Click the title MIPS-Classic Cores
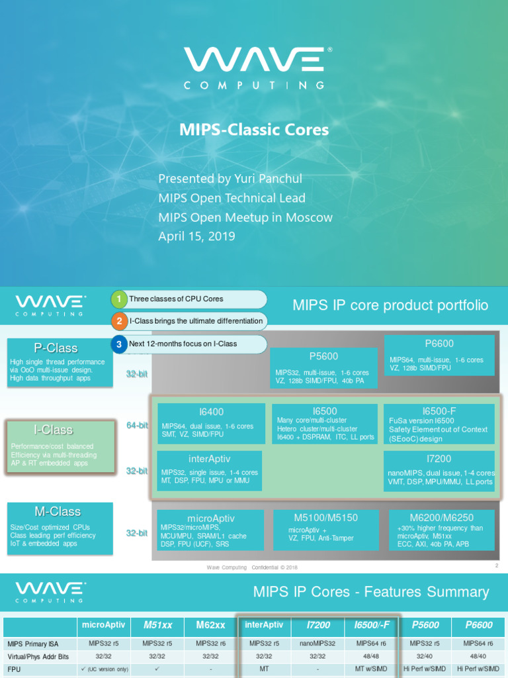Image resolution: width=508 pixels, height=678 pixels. pyautogui.click(x=254, y=130)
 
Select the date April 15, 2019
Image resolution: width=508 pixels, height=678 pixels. pyautogui.click(x=196, y=236)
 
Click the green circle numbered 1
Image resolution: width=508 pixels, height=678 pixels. pyautogui.click(x=118, y=299)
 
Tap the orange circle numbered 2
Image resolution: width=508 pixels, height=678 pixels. pyautogui.click(x=118, y=321)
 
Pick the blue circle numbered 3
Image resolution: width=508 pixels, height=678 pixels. pyautogui.click(x=118, y=344)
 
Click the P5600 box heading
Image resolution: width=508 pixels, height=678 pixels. pyautogui.click(x=323, y=356)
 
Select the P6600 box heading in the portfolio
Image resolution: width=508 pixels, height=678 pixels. pyautogui.click(x=439, y=344)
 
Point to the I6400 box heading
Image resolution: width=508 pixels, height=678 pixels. pyautogui.click(x=212, y=411)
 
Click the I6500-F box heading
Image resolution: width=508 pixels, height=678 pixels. pyautogui.click(x=439, y=411)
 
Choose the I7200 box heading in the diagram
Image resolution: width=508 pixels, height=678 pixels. pyautogui.click(x=439, y=459)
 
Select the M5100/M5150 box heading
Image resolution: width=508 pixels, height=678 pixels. pyautogui.click(x=325, y=517)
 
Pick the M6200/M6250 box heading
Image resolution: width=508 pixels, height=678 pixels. pyautogui.click(x=441, y=516)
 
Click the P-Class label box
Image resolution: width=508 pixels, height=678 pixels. pyautogui.click(x=56, y=348)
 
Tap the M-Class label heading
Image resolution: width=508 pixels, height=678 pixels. pyautogui.click(x=58, y=512)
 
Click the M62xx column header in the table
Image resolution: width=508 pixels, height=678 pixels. pyautogui.click(x=210, y=625)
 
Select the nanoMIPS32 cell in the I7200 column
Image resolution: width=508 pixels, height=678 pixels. pyautogui.click(x=317, y=643)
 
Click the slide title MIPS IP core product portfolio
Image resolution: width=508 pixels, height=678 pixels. pyautogui.click(x=390, y=305)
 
